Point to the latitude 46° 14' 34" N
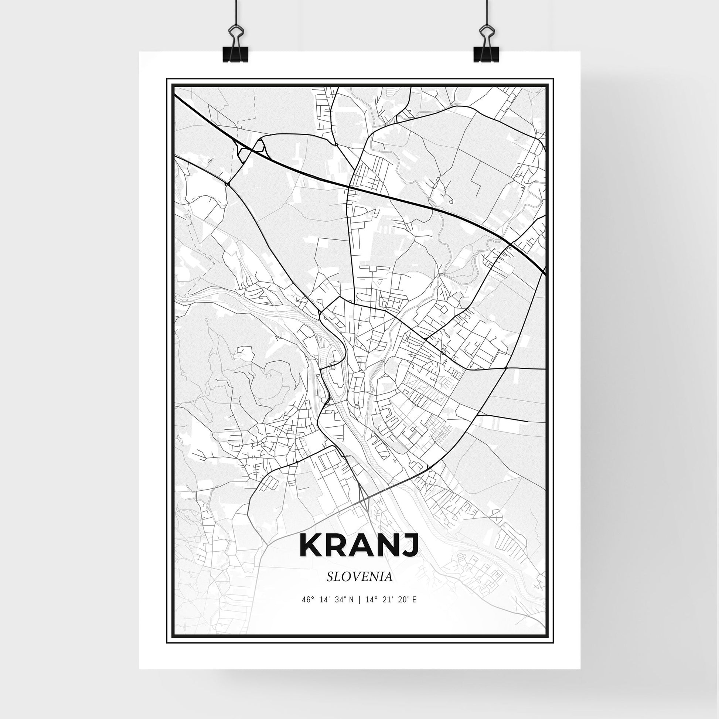[x=327, y=600]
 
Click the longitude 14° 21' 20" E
[x=391, y=600]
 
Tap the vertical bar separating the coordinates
[x=359, y=600]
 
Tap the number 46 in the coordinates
[x=306, y=600]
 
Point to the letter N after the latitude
[x=352, y=600]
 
